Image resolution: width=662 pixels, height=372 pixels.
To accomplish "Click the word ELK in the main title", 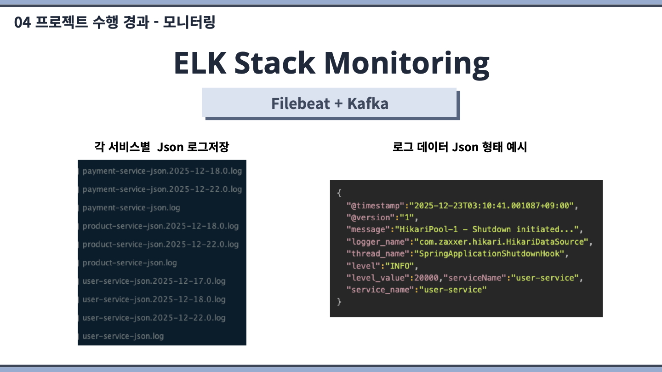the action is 200,63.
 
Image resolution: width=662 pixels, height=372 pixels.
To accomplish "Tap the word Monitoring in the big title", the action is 407,65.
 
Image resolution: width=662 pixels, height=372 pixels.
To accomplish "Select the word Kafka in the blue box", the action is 368,103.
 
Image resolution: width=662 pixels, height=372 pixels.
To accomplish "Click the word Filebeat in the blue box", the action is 300,103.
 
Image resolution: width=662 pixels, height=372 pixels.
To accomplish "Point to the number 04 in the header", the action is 23,23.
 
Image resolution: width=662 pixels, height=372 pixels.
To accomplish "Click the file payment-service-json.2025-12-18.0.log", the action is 162,171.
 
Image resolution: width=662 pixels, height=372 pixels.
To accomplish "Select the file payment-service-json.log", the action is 131,207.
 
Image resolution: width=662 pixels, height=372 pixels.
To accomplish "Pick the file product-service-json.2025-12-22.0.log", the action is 160,244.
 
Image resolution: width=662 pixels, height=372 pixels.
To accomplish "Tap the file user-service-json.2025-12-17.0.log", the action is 154,281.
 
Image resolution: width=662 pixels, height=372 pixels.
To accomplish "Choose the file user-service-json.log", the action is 123,336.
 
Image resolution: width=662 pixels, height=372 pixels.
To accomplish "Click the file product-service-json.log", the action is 130,263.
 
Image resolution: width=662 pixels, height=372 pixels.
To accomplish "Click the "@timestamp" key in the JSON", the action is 375,206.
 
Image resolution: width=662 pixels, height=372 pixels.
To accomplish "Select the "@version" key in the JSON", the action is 371,217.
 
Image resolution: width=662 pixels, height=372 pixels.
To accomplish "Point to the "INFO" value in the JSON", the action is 399,266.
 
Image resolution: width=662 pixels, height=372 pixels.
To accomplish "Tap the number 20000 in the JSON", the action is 426,278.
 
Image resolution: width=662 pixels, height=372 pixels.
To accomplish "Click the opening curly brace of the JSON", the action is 339,193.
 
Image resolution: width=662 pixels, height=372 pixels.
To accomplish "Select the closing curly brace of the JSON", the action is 339,302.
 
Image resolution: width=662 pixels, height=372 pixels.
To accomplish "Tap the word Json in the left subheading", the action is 170,147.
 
